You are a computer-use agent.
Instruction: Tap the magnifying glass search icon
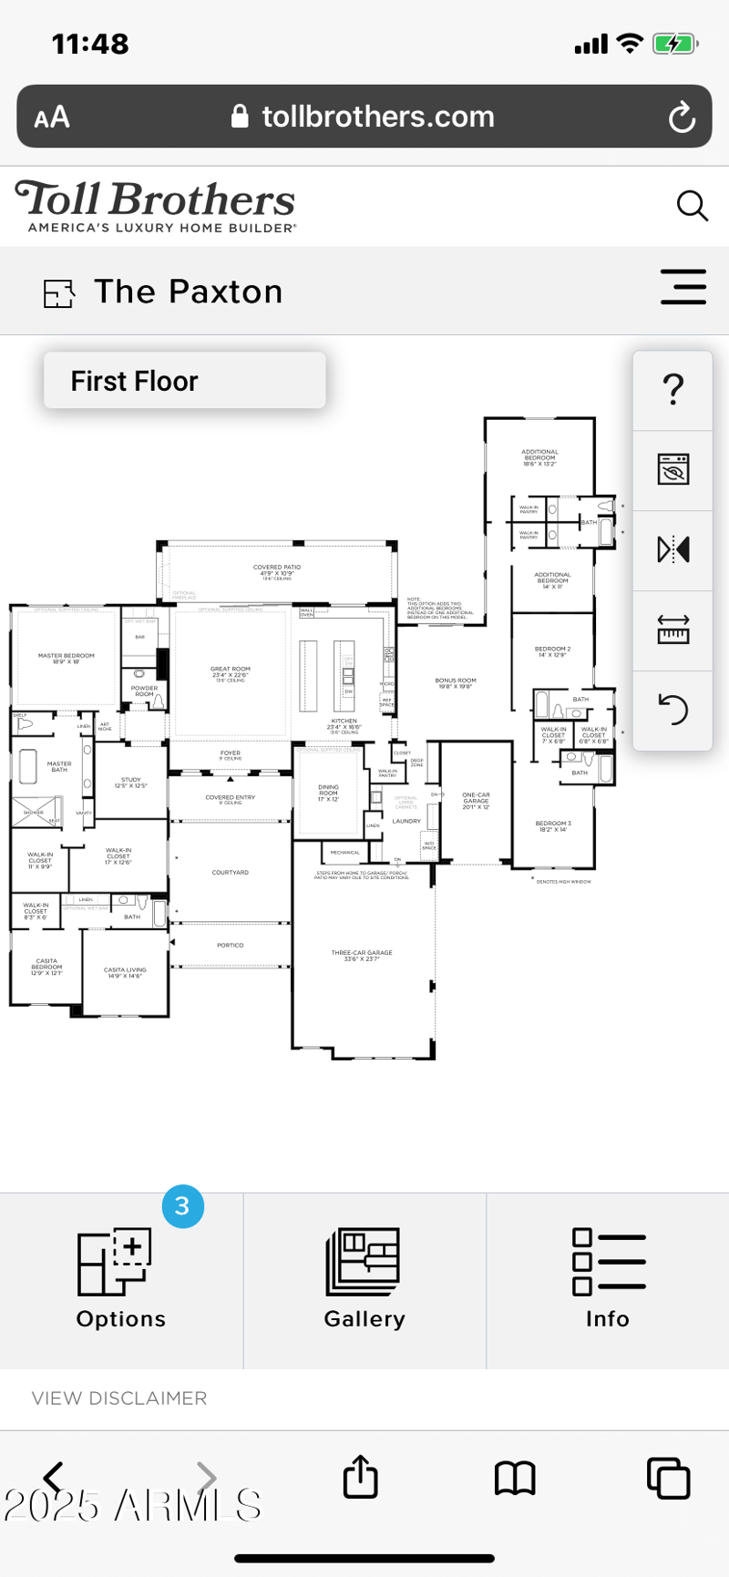692,206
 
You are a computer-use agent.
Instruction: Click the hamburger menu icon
683,287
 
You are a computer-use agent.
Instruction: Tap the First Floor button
184,381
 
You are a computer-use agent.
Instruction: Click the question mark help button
673,390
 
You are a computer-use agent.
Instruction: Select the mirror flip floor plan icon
673,550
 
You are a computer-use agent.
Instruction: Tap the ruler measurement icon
673,630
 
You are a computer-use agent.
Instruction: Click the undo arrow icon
673,709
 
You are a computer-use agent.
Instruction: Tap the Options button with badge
120,1279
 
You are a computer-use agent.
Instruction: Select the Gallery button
364,1279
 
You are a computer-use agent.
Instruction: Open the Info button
608,1279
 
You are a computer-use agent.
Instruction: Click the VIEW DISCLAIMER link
119,1398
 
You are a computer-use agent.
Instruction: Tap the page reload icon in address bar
682,117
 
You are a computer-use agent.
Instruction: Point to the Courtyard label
230,873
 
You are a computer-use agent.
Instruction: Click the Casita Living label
125,972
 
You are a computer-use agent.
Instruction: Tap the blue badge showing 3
182,1206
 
